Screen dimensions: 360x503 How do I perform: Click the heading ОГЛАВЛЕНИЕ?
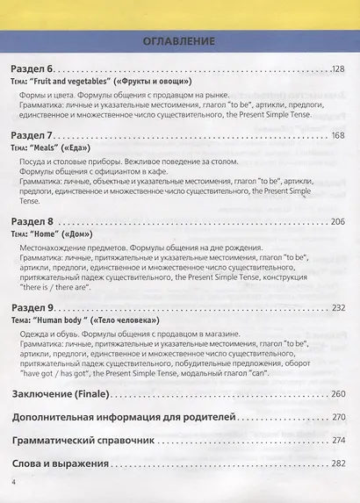pos(179,40)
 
